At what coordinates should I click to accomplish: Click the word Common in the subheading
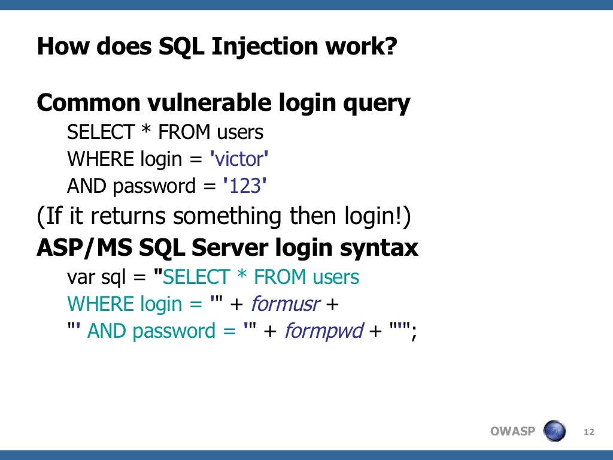point(87,103)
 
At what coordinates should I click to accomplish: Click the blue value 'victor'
point(239,159)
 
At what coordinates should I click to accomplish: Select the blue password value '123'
point(244,186)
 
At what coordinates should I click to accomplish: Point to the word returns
point(120,216)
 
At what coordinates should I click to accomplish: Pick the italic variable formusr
point(285,304)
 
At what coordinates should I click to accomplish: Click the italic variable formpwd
point(324,331)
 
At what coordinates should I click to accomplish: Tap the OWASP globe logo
point(554,431)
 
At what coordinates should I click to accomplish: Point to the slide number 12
point(588,431)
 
